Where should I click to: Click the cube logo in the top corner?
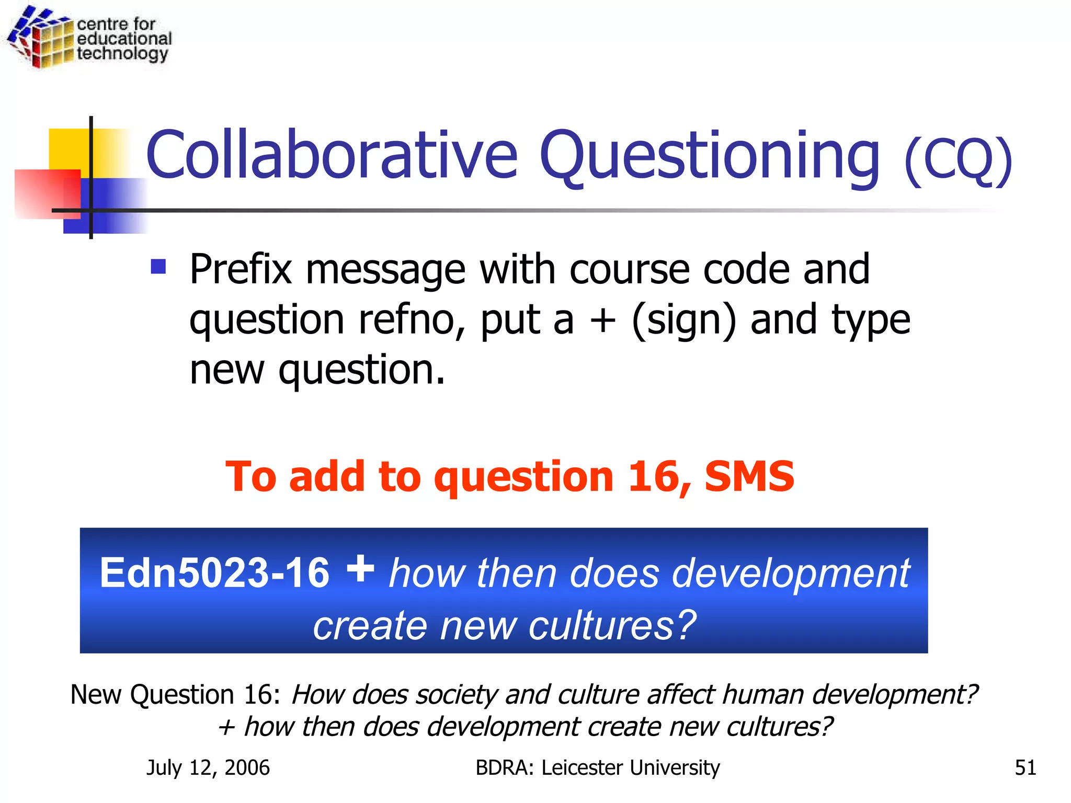click(x=41, y=38)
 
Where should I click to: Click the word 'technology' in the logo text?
click(x=122, y=54)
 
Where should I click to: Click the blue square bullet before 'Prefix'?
click(x=158, y=267)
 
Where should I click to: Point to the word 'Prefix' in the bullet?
click(x=241, y=270)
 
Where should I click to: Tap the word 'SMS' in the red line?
click(x=749, y=477)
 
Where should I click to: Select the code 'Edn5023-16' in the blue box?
click(x=214, y=573)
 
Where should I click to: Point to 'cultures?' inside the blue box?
click(x=612, y=625)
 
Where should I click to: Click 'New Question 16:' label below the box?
click(x=176, y=695)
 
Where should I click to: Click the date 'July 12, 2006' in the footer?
click(x=208, y=767)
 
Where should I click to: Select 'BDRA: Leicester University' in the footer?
click(x=597, y=767)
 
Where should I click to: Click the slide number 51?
click(x=1025, y=767)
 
